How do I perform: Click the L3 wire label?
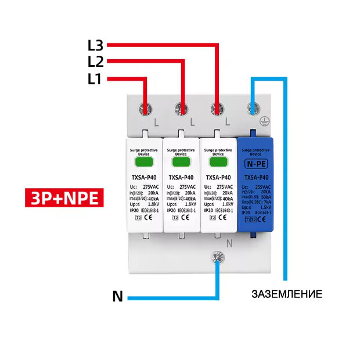95,44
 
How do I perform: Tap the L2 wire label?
95,62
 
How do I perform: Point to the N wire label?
117,298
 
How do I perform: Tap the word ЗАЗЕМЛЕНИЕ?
287,293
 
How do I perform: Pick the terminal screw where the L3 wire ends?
218,108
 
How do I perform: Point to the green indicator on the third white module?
218,161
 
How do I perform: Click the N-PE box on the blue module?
255,163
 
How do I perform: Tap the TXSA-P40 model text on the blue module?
255,178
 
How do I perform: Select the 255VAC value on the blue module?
264,186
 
